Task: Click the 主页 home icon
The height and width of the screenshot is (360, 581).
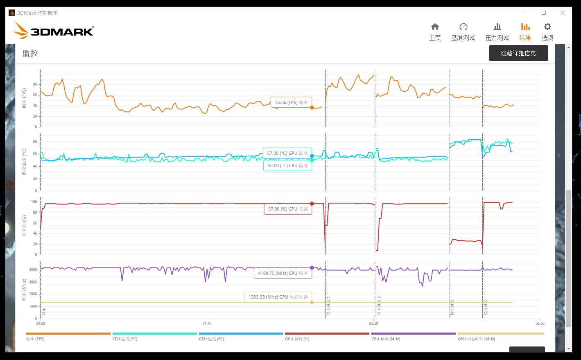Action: tap(435, 27)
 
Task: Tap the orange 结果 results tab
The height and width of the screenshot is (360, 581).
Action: tap(525, 32)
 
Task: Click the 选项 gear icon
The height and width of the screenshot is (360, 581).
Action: tap(547, 27)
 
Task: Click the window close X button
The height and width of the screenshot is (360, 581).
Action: tap(563, 13)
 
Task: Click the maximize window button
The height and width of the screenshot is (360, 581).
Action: tap(544, 13)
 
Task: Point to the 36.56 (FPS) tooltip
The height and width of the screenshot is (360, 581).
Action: tap(291, 102)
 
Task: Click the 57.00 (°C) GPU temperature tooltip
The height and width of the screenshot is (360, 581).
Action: tap(287, 153)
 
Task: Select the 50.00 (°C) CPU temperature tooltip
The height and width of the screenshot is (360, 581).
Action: tap(287, 165)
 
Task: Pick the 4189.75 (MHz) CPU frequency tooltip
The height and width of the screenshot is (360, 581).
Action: tap(283, 273)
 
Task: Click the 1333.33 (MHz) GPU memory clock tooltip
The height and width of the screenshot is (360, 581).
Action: tap(278, 297)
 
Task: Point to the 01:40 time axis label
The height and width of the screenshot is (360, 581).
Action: tap(207, 323)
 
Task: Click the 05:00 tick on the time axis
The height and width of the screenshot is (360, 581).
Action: tap(540, 323)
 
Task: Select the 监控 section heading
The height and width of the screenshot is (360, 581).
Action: tap(31, 53)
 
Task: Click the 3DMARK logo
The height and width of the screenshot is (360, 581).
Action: tap(53, 31)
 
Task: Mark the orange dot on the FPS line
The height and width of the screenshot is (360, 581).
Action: tap(312, 108)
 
